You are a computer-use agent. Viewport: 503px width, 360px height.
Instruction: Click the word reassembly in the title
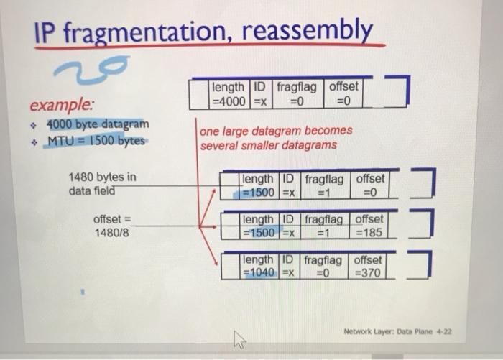click(307, 30)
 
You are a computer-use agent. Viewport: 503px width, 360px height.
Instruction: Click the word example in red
click(62, 104)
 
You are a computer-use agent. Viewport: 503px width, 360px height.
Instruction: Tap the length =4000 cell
click(229, 94)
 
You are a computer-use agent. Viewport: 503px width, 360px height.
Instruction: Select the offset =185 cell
click(369, 225)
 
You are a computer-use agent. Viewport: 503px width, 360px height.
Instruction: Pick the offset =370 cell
click(367, 266)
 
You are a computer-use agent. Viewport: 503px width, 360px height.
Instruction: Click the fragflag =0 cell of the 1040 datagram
click(323, 266)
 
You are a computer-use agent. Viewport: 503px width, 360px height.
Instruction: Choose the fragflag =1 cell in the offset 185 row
click(324, 225)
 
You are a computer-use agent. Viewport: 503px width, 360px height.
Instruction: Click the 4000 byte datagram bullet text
click(98, 124)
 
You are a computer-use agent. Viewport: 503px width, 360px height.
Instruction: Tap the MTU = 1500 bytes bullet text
click(96, 141)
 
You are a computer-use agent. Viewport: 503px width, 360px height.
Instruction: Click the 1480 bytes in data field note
click(102, 183)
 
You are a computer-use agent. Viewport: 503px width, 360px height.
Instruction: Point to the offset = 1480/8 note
click(112, 226)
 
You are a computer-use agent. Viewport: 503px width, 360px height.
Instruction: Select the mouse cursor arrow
click(239, 339)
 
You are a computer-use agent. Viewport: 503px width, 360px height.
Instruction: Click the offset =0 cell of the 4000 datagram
click(343, 93)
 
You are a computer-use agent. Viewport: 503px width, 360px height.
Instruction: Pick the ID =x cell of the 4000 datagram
click(261, 94)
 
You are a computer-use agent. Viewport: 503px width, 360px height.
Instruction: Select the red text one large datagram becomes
click(276, 131)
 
